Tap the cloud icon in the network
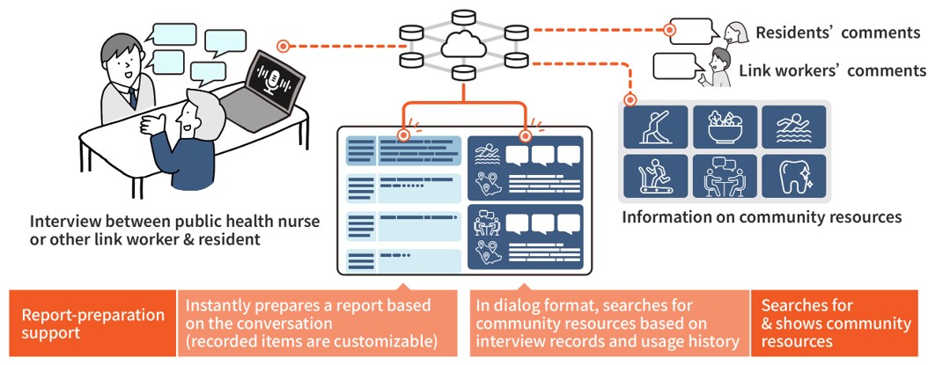click(463, 43)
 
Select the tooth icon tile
click(793, 175)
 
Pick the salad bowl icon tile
click(725, 128)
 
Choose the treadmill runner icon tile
click(656, 175)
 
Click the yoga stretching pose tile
click(656, 128)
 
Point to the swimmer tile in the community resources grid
click(793, 128)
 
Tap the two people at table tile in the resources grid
click(725, 175)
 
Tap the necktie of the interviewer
click(132, 98)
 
